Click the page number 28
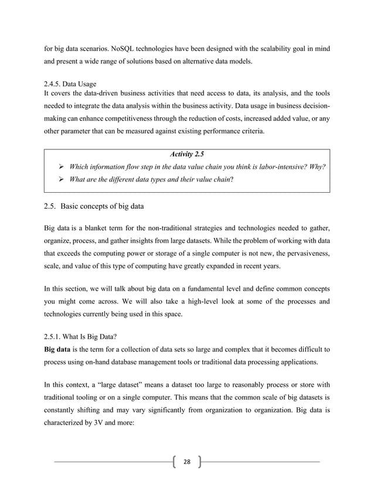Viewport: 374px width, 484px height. [187, 462]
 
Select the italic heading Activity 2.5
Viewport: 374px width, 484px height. [186, 154]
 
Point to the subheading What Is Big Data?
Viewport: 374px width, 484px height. [77, 338]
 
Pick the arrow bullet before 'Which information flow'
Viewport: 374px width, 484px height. [59, 166]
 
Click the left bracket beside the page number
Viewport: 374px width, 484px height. [174, 462]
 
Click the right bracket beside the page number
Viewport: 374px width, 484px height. [200, 462]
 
